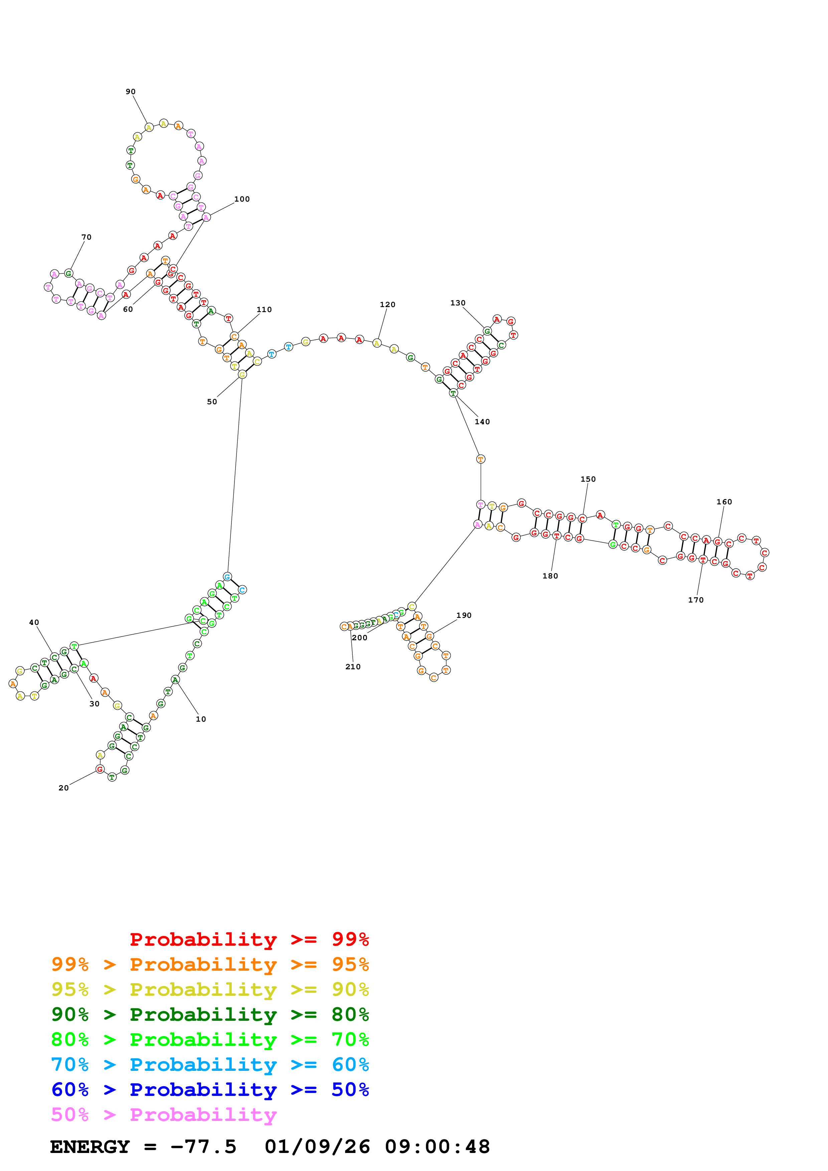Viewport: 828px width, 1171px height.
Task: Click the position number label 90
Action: click(x=131, y=92)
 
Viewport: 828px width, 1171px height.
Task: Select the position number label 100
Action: click(x=242, y=199)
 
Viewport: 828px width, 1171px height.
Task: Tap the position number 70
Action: click(x=86, y=237)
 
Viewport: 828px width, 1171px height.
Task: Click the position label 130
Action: click(x=458, y=303)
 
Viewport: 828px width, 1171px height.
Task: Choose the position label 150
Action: click(x=588, y=479)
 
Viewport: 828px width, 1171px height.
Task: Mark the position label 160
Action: click(x=724, y=502)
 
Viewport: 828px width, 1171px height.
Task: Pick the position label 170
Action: click(x=695, y=600)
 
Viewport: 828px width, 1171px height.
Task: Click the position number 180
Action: click(x=550, y=576)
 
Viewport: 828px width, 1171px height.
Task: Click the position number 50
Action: click(x=212, y=402)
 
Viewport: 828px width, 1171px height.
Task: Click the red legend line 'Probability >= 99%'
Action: click(x=249, y=939)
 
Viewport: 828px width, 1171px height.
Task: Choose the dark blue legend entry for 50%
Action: click(x=210, y=1090)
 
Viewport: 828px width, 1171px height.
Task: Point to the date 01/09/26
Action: click(x=317, y=1147)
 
